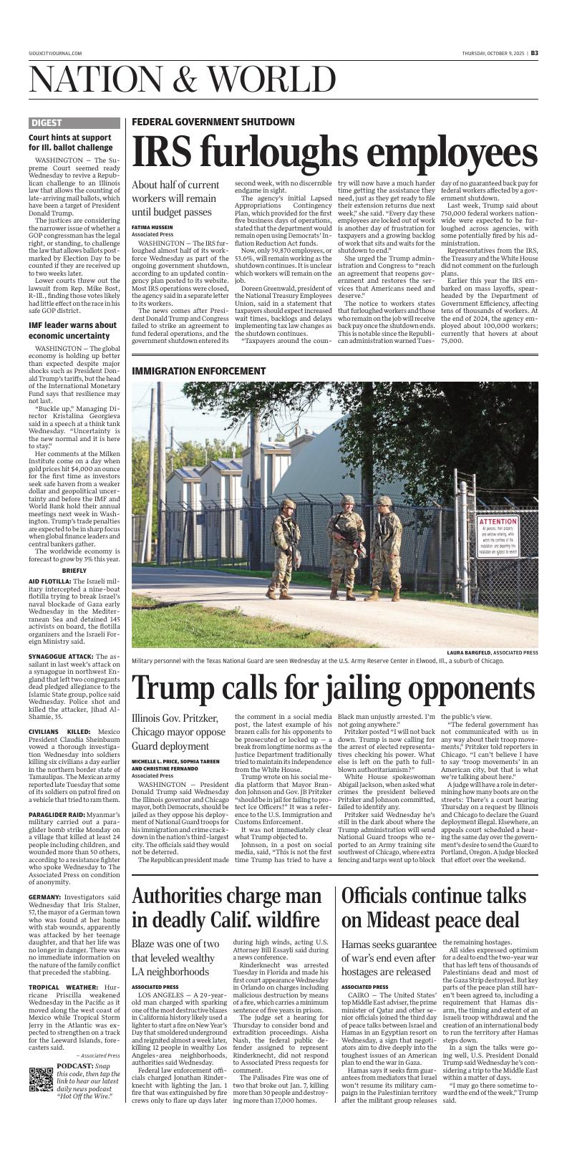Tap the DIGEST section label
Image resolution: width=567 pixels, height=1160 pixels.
47,123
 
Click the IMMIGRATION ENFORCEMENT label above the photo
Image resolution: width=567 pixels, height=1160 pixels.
198,371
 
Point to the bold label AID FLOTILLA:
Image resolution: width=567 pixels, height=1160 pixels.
49,580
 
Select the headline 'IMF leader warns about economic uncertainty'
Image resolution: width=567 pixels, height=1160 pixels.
73,330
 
